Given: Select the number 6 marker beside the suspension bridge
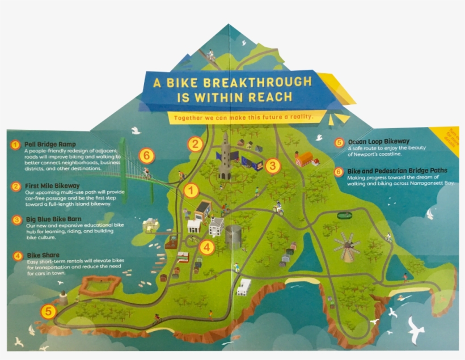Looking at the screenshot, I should [146, 154].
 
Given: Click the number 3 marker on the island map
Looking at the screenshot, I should [273, 166].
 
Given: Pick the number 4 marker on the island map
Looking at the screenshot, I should [207, 247].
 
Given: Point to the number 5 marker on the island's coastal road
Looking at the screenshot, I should [48, 311].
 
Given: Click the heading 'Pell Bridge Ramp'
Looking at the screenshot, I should [50, 145].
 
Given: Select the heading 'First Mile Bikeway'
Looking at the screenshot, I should [52, 185].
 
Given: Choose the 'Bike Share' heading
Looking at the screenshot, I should [43, 255].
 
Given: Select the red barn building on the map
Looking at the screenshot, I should [305, 159].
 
